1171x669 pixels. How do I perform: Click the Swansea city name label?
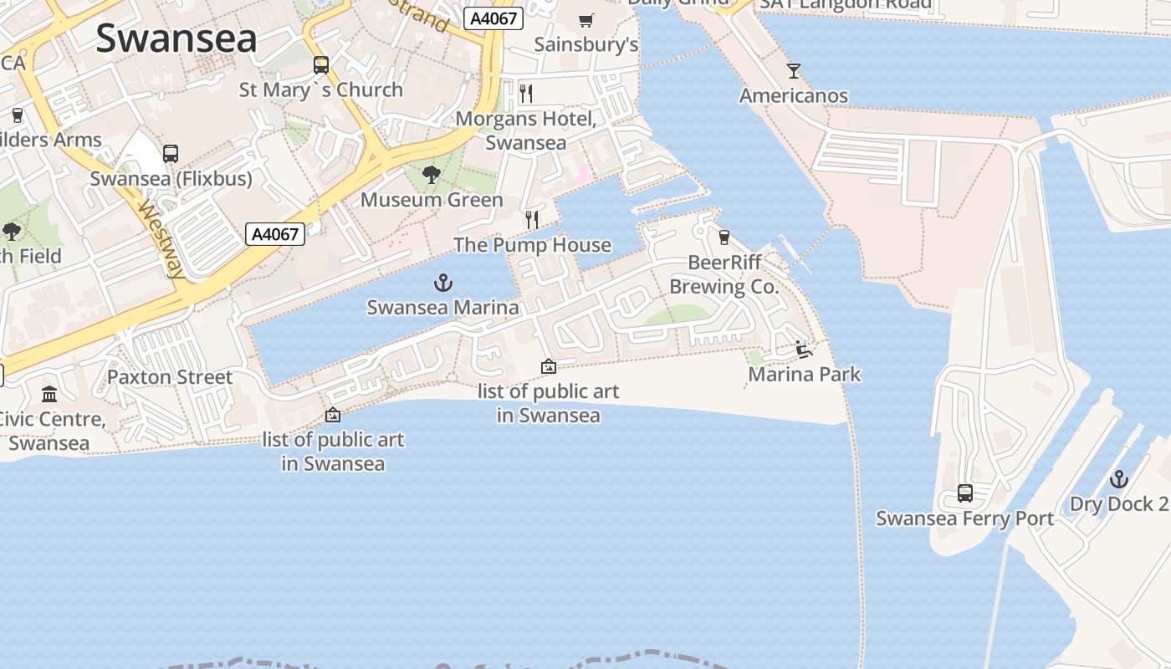coord(176,38)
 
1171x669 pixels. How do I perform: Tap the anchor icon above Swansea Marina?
coord(443,283)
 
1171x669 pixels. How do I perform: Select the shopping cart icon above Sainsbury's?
coord(586,20)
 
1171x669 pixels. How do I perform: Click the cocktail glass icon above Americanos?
coord(794,71)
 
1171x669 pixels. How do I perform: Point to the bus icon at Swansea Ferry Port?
coord(965,493)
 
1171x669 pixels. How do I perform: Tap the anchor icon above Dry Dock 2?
coord(1119,480)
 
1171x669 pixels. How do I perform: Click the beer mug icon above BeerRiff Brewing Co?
coord(724,237)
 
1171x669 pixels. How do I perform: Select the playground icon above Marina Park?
coord(804,350)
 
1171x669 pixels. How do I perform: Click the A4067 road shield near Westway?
coord(275,234)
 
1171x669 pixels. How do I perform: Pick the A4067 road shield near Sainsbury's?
coord(493,18)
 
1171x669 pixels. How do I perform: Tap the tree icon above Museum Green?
coord(432,175)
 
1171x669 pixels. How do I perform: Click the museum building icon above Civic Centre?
coord(49,394)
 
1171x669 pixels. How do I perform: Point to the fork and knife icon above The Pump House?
coord(532,220)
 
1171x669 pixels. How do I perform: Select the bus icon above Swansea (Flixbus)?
coord(171,154)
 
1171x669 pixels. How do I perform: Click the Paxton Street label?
coord(170,377)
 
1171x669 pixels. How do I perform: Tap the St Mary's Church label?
coord(321,89)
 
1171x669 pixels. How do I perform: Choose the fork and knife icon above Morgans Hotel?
coord(526,93)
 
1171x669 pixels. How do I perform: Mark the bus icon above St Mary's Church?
coord(321,65)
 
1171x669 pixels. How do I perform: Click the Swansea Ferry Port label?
coord(964,518)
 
